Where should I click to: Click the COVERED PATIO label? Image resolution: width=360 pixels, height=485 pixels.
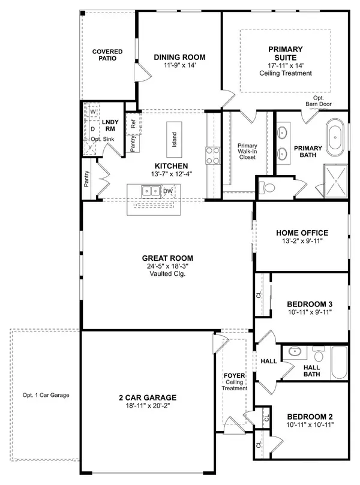(107, 56)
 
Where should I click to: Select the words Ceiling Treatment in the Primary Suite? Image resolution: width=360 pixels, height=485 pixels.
(285, 73)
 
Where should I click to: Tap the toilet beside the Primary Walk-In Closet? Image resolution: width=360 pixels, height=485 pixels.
(268, 188)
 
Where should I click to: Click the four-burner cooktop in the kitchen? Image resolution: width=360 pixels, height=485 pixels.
(212, 156)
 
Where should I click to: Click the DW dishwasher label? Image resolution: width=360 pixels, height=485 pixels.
(169, 191)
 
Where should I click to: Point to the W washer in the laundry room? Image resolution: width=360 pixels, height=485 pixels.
(93, 112)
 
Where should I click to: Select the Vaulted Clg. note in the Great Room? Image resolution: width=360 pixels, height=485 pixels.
(169, 274)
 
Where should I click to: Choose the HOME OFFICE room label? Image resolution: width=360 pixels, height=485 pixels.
(301, 233)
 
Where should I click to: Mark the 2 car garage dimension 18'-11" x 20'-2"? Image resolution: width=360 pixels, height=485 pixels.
(148, 406)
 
